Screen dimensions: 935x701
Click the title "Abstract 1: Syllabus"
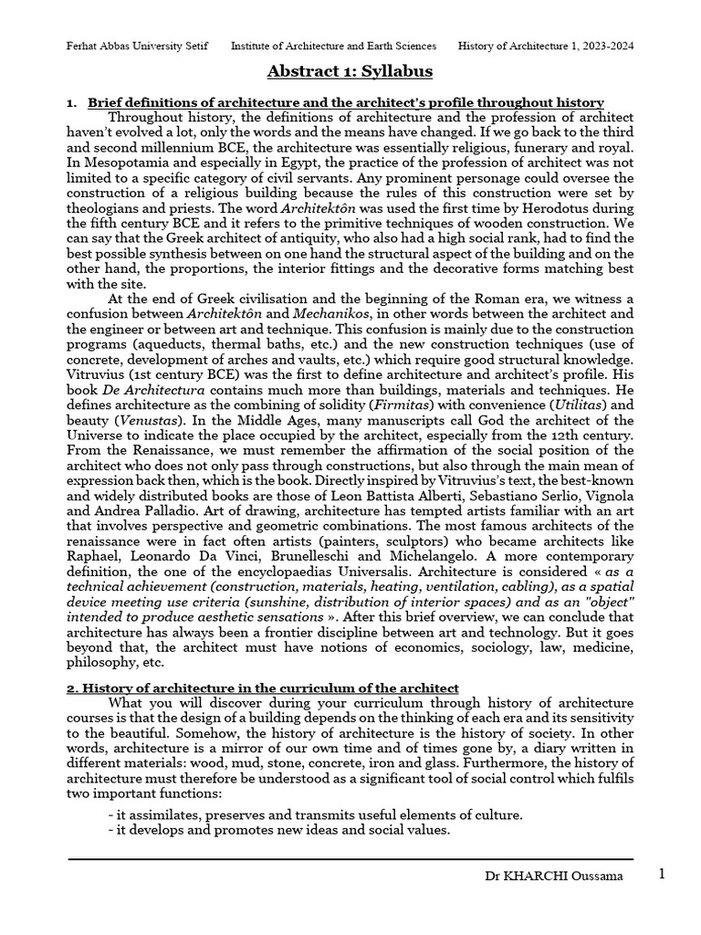pyautogui.click(x=350, y=71)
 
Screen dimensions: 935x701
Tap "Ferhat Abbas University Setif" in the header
pyautogui.click(x=141, y=46)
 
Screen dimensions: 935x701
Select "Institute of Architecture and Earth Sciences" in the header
pyautogui.click(x=333, y=46)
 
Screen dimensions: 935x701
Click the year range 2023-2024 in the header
pyautogui.click(x=606, y=46)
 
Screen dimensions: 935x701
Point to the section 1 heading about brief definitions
pyautogui.click(x=345, y=102)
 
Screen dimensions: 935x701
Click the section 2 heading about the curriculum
pyautogui.click(x=262, y=688)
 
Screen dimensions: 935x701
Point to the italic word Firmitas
pyautogui.click(x=472, y=387)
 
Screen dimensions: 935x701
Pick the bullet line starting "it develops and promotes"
pyautogui.click(x=278, y=829)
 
